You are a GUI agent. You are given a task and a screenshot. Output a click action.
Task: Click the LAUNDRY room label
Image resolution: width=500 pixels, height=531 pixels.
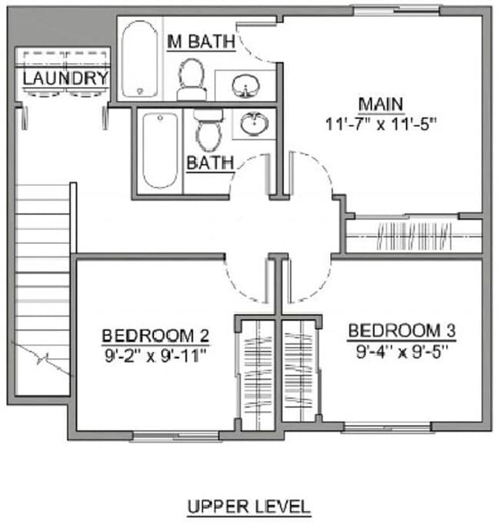65,78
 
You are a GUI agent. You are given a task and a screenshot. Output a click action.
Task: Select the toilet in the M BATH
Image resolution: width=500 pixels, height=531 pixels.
192,79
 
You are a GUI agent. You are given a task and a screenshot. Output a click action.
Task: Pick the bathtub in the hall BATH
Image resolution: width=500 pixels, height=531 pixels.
159,150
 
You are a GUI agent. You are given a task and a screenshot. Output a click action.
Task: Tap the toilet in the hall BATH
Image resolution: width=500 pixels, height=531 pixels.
208,130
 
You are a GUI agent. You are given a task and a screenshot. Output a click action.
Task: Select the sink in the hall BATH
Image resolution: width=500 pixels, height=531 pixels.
253,122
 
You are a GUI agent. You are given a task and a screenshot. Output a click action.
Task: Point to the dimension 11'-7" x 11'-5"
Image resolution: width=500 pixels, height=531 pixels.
380,123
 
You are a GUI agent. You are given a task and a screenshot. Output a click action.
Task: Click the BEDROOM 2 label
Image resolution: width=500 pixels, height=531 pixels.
156,336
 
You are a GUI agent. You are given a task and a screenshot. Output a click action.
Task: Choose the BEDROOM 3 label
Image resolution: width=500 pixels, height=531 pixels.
402,331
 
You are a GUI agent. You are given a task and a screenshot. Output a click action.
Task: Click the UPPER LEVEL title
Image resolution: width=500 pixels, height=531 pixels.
249,506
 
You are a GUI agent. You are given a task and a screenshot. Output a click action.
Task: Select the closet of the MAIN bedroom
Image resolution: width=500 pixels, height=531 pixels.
413,235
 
